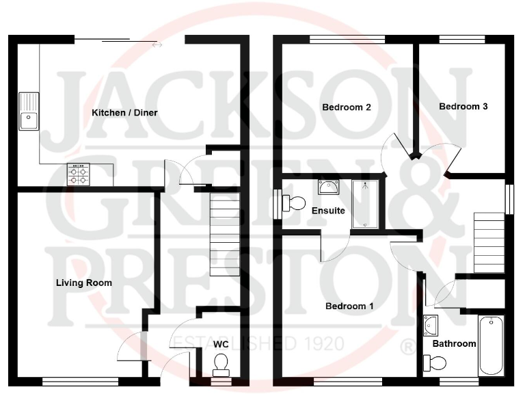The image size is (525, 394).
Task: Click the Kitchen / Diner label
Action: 125,112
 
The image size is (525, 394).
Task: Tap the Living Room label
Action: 85,283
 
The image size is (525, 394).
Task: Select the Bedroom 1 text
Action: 349,306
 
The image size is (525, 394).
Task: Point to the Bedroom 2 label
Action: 347,107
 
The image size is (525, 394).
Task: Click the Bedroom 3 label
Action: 463,107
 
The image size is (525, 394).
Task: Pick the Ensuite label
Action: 328,211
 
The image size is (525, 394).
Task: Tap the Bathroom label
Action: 453,343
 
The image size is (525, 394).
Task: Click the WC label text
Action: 220,343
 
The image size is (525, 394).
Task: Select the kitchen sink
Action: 29,111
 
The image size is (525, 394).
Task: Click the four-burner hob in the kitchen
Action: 77,175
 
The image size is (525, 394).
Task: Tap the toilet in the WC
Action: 220,364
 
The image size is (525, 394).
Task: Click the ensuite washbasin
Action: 328,187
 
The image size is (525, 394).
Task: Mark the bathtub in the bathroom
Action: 490,345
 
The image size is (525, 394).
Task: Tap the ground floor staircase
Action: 225,233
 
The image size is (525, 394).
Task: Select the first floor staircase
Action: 489,243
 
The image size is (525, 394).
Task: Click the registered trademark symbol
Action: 407,346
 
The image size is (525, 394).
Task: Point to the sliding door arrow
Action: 157,45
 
